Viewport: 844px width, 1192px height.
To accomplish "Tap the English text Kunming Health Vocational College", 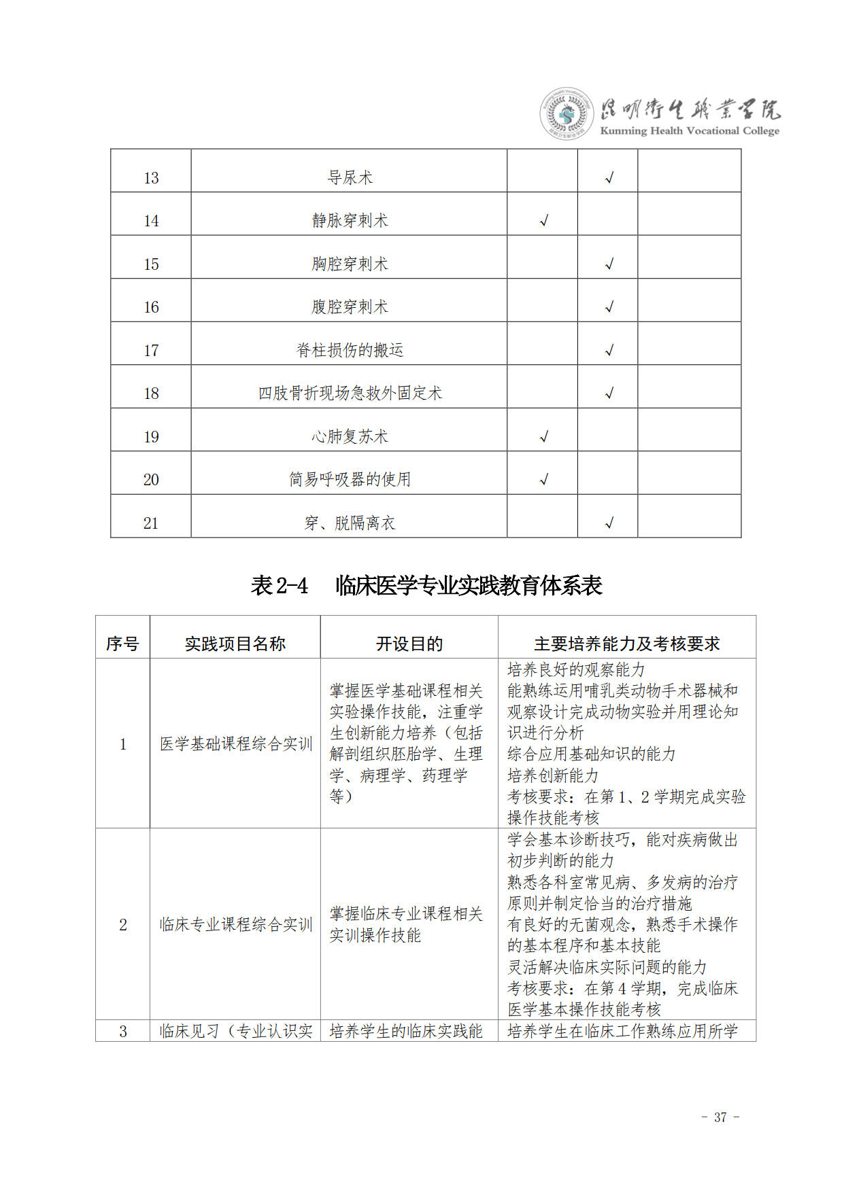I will tap(690, 131).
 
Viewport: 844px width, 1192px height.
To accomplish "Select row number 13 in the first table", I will tap(151, 178).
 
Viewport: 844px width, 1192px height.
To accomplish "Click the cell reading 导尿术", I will tap(350, 178).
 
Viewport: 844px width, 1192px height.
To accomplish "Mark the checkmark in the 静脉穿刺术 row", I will tap(543, 221).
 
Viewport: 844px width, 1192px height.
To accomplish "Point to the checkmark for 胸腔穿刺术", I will tap(609, 264).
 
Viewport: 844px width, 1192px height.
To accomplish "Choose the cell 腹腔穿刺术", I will tap(350, 307).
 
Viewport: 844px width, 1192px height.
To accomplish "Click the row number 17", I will tap(151, 351).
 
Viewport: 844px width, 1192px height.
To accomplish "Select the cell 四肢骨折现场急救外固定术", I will tap(350, 393).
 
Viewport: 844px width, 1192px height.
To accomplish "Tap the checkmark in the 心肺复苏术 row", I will tap(543, 436).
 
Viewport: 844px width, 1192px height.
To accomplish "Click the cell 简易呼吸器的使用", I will tap(350, 480).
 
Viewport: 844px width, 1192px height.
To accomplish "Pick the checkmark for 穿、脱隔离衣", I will tap(609, 523).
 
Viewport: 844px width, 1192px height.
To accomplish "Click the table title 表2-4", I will tap(280, 586).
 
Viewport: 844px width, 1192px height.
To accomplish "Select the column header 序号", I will tap(122, 644).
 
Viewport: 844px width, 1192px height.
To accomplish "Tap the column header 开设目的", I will tap(409, 644).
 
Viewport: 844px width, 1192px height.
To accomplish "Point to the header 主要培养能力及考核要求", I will tap(626, 644).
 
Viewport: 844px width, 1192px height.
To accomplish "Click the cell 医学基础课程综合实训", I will tap(235, 744).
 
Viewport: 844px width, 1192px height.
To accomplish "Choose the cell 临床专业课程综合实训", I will tap(235, 925).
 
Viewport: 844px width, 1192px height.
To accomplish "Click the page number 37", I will tap(720, 1117).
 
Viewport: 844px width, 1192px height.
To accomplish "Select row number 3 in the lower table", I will tap(123, 1032).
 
